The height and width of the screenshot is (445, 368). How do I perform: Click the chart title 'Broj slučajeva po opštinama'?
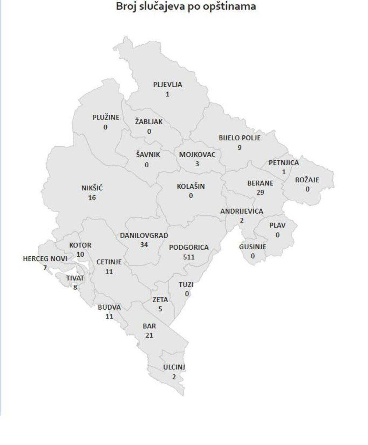[x=186, y=6]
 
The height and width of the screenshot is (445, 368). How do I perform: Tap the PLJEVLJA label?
[x=167, y=85]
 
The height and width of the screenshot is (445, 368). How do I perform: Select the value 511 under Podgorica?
[x=189, y=257]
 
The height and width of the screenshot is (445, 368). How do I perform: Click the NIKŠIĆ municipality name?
[x=92, y=188]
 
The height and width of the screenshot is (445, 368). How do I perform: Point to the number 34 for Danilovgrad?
[x=144, y=245]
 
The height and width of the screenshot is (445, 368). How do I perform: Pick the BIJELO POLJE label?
[x=240, y=138]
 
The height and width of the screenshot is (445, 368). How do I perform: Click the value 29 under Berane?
[x=260, y=192]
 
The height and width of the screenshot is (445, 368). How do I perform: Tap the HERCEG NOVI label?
[x=45, y=259]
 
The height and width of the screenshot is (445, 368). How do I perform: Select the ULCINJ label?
[x=174, y=367]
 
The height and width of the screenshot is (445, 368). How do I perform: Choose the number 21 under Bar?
[x=149, y=335]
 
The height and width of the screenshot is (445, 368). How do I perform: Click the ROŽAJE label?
[x=307, y=180]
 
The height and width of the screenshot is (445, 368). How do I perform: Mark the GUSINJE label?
[x=252, y=247]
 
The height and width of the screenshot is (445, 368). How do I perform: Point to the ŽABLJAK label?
[x=149, y=122]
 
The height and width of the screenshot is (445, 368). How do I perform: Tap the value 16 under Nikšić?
[x=92, y=198]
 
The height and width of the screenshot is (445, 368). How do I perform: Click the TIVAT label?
[x=75, y=278]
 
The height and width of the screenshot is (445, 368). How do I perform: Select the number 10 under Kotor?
[x=80, y=254]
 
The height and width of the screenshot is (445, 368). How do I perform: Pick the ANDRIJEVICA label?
[x=242, y=211]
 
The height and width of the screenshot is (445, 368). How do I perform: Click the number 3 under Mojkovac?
[x=197, y=164]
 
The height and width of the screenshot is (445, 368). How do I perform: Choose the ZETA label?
[x=160, y=300]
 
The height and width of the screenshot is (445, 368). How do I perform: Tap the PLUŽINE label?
[x=106, y=118]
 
